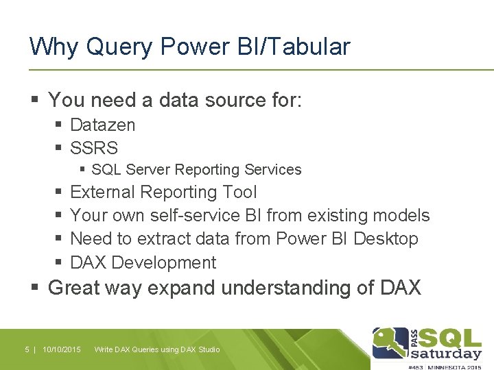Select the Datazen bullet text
[x=103, y=125]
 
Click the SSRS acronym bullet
[x=94, y=147]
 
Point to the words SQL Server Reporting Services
[x=196, y=169]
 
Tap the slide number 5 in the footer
[x=27, y=349]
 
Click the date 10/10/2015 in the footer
[x=61, y=349]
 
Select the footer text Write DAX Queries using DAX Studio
[x=157, y=349]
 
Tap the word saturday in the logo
[x=446, y=354]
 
